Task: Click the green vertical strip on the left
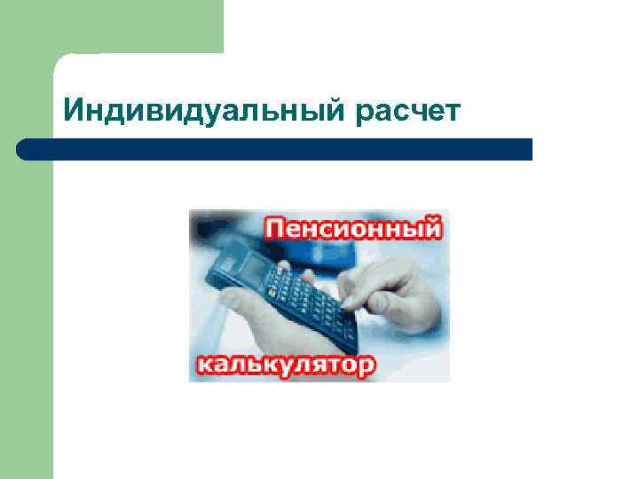click(26, 310)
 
